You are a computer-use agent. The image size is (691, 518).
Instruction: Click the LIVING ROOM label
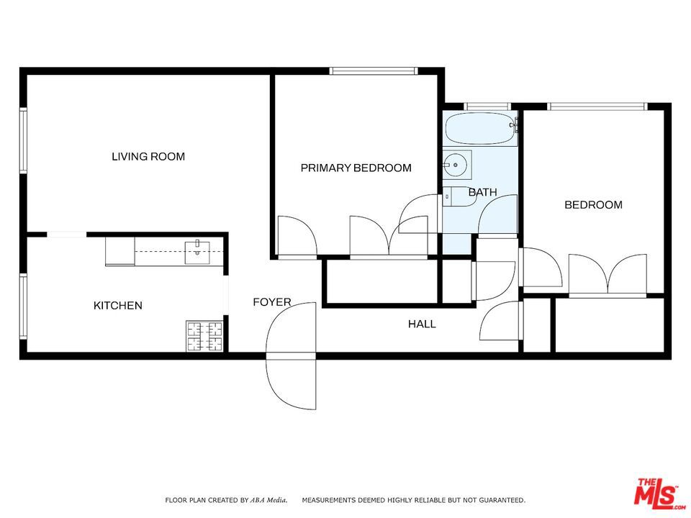[148, 156]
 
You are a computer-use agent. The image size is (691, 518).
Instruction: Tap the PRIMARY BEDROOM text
[356, 168]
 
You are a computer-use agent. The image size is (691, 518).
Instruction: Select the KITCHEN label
[117, 305]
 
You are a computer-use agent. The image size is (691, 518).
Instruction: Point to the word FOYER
[272, 302]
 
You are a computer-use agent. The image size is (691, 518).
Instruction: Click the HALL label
[422, 324]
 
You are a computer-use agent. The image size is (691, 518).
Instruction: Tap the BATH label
[482, 192]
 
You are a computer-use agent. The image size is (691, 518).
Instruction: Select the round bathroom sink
[457, 165]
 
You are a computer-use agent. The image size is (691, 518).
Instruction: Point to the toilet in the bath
[459, 196]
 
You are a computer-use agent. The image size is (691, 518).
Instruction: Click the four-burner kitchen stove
[205, 336]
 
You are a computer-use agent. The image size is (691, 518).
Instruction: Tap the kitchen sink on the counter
[197, 253]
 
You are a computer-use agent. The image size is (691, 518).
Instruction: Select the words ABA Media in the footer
[268, 500]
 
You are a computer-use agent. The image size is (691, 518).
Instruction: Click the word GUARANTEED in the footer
[502, 500]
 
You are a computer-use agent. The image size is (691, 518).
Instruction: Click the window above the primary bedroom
[374, 71]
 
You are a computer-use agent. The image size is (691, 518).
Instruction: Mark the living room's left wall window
[23, 140]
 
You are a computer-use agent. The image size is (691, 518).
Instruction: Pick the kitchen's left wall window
[23, 306]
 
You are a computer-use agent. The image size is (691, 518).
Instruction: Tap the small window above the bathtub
[487, 106]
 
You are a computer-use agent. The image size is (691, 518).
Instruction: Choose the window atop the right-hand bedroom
[597, 106]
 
